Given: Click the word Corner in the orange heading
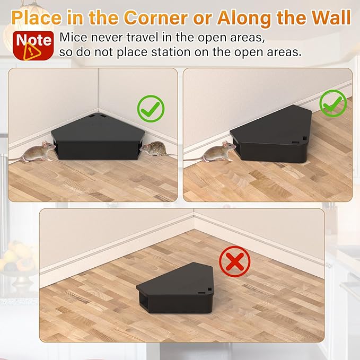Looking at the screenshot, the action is click(x=156, y=18).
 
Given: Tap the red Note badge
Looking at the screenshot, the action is click(x=33, y=46).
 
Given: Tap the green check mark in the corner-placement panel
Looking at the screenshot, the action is click(x=151, y=109).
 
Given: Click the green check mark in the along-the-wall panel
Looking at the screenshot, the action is click(x=333, y=103).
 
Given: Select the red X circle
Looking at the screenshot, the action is click(x=235, y=262).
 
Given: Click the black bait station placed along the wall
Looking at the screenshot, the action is click(x=271, y=134).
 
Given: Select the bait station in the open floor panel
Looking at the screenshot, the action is click(x=175, y=288).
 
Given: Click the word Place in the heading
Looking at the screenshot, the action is click(x=37, y=18).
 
